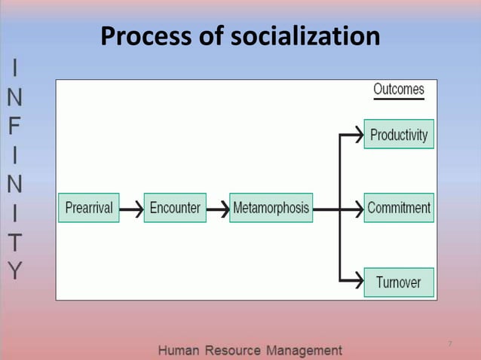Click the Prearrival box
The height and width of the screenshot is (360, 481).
[x=89, y=208]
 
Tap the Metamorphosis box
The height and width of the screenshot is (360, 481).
[x=271, y=208]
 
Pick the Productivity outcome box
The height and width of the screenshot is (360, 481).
[x=399, y=135]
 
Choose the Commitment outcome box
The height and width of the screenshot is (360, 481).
[x=399, y=208]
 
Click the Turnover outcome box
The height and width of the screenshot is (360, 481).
[x=399, y=282]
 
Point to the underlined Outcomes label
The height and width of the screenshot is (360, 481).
[x=399, y=90]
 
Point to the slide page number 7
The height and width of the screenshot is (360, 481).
[x=449, y=344]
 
